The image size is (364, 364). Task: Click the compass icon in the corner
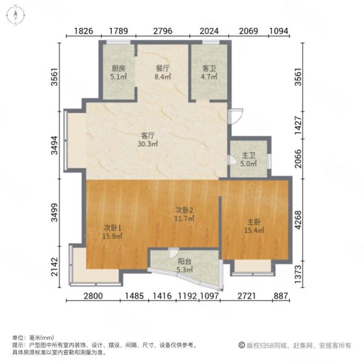(16, 15)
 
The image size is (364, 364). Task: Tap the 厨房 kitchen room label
(118, 68)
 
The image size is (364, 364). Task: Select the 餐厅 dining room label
(163, 68)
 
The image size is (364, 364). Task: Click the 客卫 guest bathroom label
(209, 68)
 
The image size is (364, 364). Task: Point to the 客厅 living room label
(147, 135)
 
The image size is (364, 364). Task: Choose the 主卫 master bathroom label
(248, 155)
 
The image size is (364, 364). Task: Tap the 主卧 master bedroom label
(254, 222)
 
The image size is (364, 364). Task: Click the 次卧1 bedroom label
(113, 227)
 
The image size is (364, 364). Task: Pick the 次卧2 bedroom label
(184, 210)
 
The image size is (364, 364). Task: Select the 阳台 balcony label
(184, 261)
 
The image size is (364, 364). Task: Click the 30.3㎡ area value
(147, 144)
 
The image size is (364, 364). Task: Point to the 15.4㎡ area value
(254, 231)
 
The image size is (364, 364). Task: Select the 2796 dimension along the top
(163, 31)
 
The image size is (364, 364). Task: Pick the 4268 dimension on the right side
(298, 220)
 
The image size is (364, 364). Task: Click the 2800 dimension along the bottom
(93, 296)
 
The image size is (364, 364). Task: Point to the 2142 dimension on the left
(55, 267)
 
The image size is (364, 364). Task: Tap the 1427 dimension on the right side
(298, 125)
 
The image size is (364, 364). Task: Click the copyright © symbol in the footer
(241, 345)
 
